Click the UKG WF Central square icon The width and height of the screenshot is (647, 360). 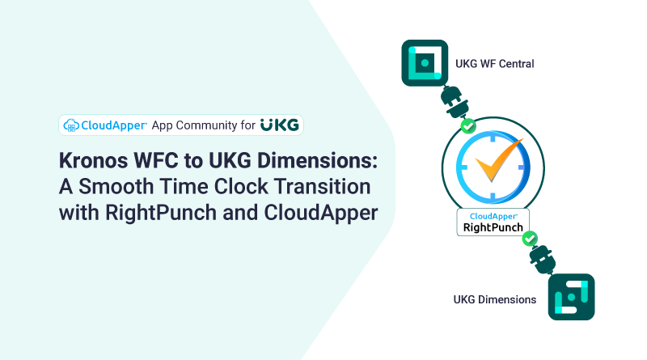click(x=425, y=63)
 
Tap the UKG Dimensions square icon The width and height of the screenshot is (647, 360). click(x=571, y=297)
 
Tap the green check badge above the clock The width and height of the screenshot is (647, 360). click(x=467, y=126)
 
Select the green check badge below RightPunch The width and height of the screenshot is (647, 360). click(x=530, y=238)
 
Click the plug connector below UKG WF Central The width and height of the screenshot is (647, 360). click(x=449, y=104)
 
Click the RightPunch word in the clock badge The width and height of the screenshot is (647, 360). click(x=493, y=228)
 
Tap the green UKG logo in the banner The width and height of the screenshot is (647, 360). click(x=280, y=125)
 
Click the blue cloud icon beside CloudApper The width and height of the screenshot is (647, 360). click(x=71, y=125)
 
